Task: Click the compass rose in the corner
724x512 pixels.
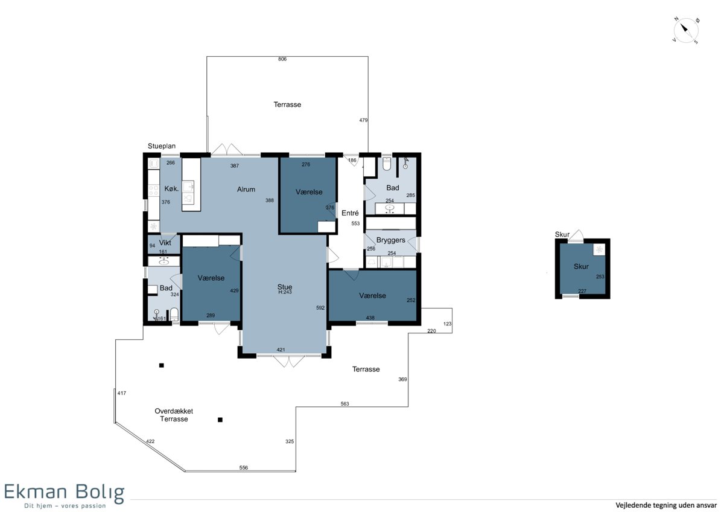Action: point(685,30)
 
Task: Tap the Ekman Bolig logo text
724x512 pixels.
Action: point(65,493)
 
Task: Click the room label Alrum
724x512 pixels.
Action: point(246,190)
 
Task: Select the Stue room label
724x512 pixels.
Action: point(284,287)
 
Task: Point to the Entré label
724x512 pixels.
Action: point(350,213)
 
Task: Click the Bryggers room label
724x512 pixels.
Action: point(391,240)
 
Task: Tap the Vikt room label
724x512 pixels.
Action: point(165,243)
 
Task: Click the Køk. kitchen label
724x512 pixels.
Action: point(171,188)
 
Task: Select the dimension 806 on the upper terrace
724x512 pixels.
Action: point(282,59)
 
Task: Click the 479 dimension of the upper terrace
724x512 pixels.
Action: point(363,120)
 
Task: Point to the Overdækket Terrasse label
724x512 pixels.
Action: point(174,415)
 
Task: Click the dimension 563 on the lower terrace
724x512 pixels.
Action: point(345,404)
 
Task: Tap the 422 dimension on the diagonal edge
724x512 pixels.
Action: point(150,441)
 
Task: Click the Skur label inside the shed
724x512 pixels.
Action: point(581,266)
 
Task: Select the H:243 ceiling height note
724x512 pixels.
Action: point(285,292)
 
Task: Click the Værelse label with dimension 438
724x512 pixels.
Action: point(372,296)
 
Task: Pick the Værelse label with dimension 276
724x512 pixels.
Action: point(309,192)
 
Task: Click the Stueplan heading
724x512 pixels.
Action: point(162,146)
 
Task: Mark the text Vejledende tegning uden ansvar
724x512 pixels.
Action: point(666,505)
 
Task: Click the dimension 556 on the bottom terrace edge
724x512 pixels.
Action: point(243,468)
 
